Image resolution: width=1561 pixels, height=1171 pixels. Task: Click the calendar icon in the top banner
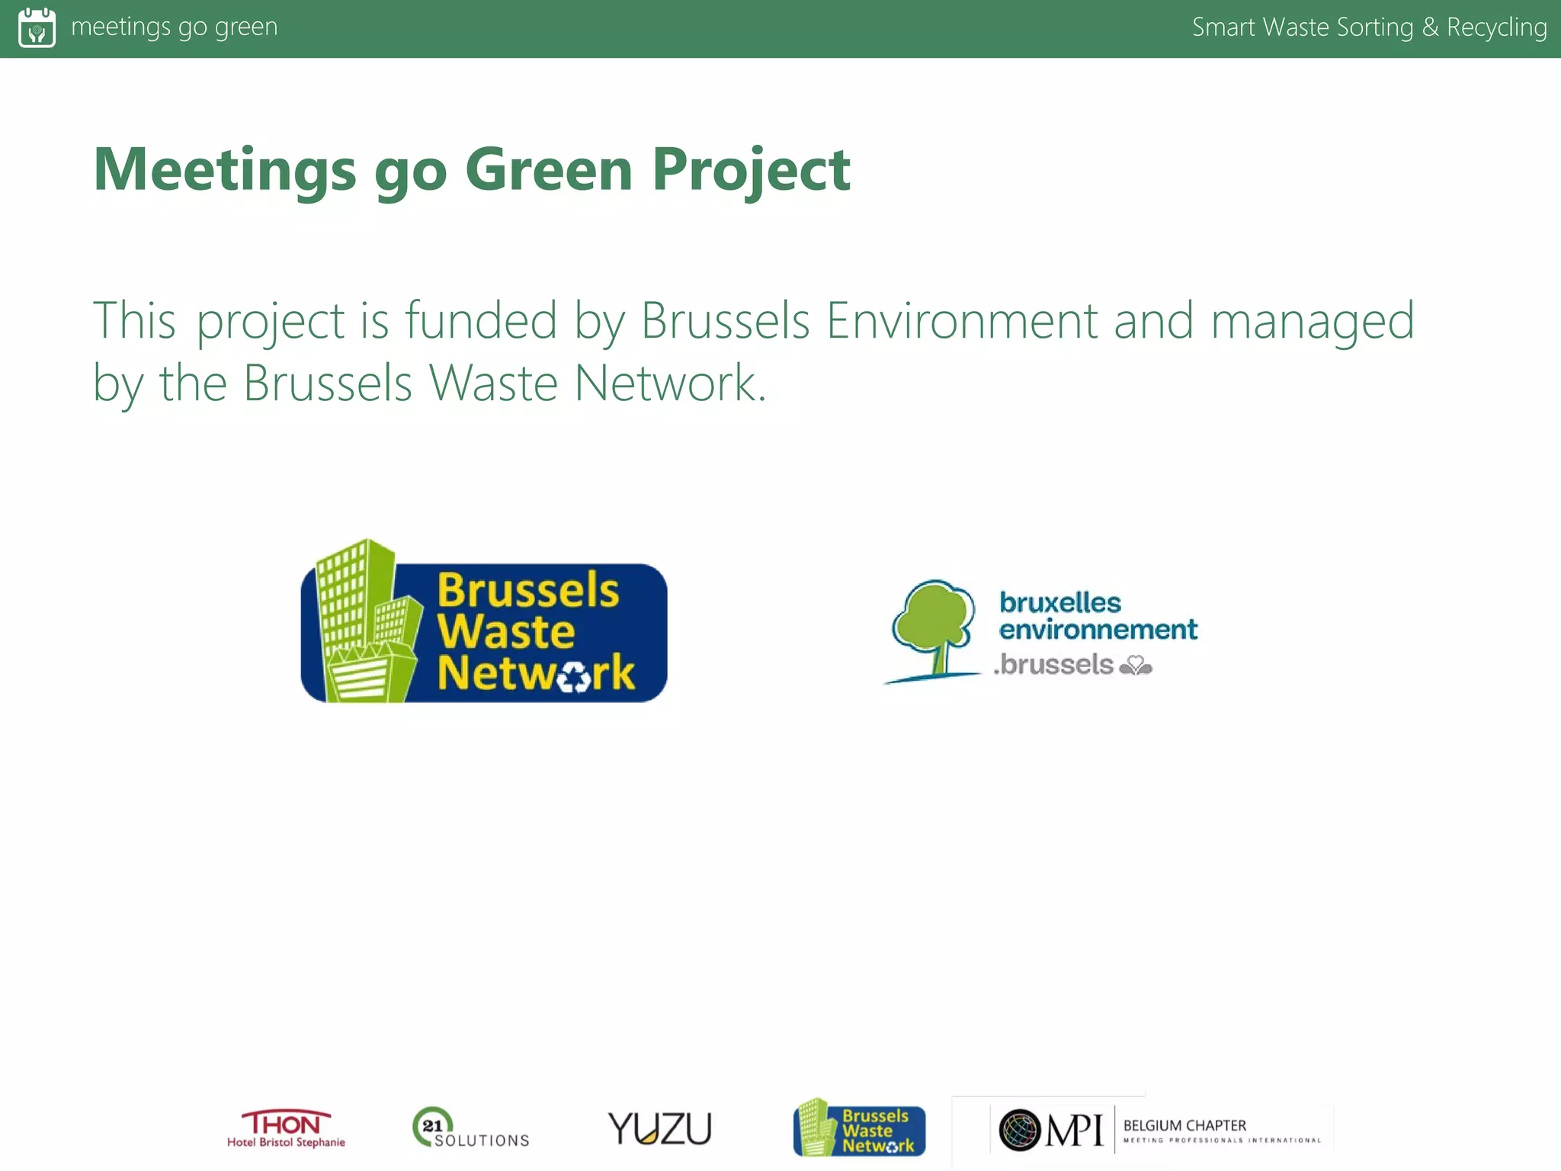[37, 27]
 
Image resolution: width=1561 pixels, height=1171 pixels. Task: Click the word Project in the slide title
[751, 169]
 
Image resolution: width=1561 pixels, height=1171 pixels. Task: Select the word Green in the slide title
[549, 169]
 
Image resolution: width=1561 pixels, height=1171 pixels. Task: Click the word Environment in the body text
[962, 320]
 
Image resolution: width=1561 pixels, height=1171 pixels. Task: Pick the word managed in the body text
[1313, 322]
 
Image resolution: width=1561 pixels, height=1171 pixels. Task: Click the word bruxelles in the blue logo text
[1059, 602]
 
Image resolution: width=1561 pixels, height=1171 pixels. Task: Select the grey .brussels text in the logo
[1054, 664]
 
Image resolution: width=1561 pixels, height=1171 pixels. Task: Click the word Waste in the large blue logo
[506, 631]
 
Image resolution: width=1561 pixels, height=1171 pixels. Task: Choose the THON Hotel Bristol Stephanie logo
[286, 1128]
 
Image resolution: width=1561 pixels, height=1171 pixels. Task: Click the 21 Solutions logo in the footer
[470, 1128]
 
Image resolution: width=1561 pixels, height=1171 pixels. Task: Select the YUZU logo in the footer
[659, 1128]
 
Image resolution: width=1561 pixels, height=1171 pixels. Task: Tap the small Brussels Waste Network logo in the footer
[859, 1128]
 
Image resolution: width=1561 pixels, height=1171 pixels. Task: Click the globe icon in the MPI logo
[1020, 1130]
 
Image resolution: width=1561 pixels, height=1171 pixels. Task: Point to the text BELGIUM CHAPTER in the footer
[1184, 1125]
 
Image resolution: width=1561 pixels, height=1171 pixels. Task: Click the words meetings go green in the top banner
[174, 27]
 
